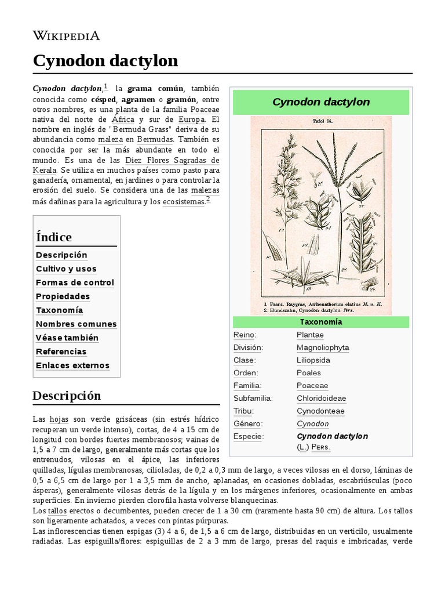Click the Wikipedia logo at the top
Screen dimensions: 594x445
point(66,35)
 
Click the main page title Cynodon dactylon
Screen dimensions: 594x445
point(105,61)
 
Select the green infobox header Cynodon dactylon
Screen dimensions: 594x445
point(321,102)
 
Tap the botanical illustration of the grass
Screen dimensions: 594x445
point(321,215)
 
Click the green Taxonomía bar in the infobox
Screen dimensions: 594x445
point(321,322)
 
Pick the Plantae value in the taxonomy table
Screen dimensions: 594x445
point(310,335)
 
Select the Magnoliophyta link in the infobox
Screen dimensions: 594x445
point(323,347)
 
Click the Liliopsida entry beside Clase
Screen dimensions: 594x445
point(313,360)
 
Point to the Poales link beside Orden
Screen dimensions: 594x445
point(308,373)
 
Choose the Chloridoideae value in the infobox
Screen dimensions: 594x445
point(321,399)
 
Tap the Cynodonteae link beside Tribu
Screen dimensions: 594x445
point(320,411)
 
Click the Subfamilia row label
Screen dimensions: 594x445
point(253,399)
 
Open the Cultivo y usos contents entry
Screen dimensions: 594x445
point(66,269)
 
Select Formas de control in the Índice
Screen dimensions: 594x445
point(75,282)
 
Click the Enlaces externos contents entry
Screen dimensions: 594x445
point(72,365)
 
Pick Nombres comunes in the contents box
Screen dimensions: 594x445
point(76,324)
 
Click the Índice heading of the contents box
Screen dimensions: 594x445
point(54,237)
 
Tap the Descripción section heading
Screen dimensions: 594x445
point(67,396)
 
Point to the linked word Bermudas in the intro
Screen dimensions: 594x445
point(155,140)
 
